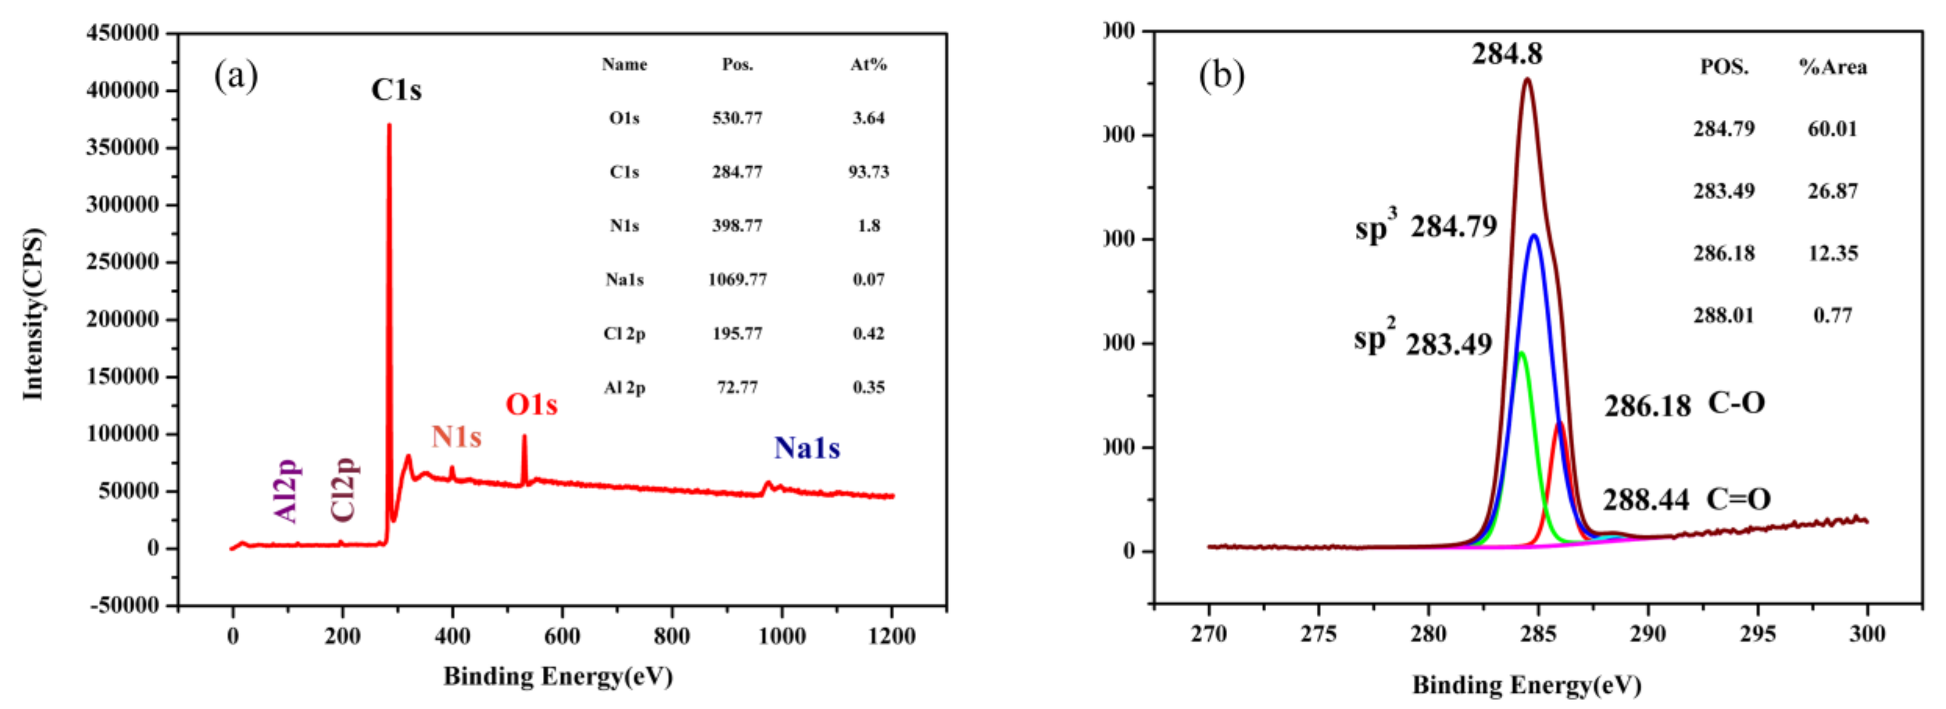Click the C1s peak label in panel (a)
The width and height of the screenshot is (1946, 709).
click(396, 90)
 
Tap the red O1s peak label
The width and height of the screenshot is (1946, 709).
click(531, 405)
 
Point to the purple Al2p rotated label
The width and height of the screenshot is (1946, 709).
click(287, 491)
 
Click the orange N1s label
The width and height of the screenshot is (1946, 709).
click(456, 437)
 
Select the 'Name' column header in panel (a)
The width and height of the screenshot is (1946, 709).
click(624, 64)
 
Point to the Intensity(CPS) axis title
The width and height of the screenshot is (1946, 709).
click(33, 314)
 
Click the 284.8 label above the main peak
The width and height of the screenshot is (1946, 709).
click(1506, 54)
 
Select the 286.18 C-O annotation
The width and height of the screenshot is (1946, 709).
click(1685, 405)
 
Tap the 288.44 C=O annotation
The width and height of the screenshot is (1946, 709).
click(1686, 499)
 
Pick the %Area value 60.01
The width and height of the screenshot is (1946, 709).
click(1832, 128)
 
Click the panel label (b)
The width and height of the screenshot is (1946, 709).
click(1221, 76)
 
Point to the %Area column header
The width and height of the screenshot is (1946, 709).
click(1832, 67)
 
